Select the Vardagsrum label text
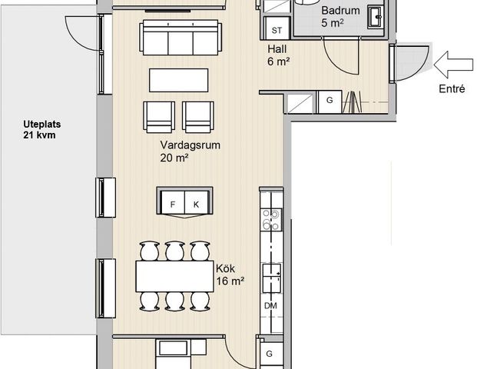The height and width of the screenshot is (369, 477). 190,145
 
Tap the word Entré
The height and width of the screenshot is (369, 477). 452,89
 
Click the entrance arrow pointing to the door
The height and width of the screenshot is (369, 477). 453,65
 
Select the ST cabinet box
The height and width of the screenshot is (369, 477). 277,29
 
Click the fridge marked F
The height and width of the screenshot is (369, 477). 173,204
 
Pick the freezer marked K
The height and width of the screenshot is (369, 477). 196,204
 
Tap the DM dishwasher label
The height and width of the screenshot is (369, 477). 270,306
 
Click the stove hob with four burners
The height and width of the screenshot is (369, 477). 271,220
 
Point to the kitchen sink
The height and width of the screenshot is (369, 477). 272,278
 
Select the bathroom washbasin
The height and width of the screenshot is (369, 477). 376,17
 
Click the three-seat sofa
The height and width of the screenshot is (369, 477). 181,37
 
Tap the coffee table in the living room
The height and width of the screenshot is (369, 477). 178,80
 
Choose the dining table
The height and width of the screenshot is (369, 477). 175,276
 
